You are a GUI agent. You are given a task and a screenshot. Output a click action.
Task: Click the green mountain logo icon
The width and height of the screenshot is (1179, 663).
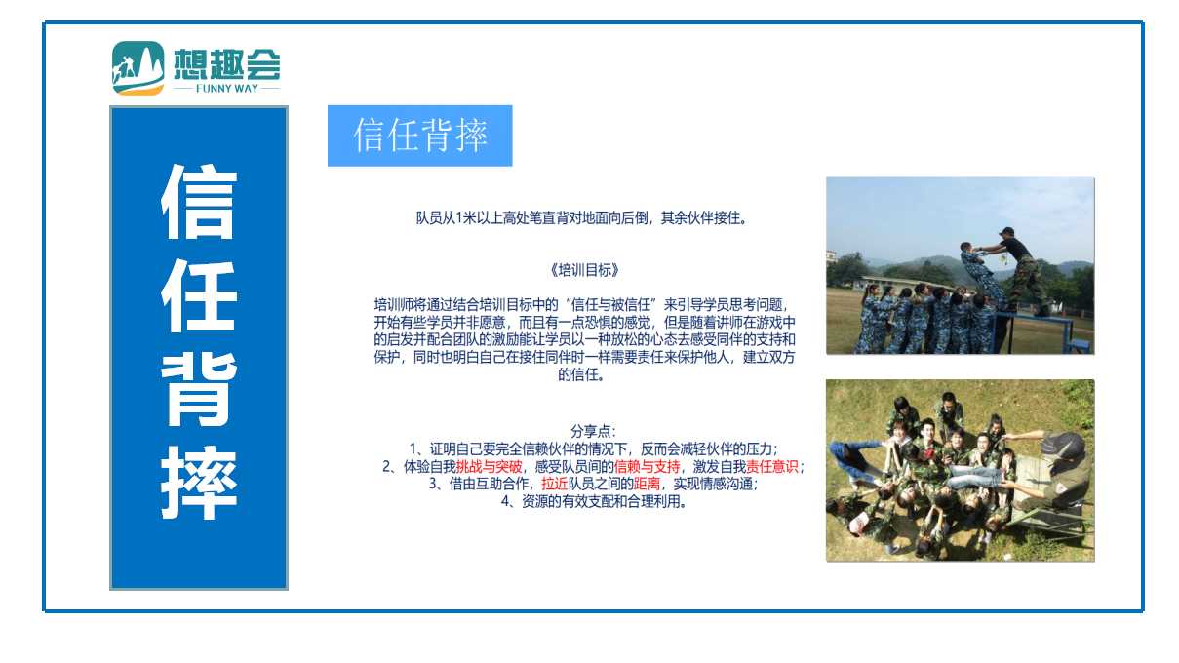[x=138, y=68]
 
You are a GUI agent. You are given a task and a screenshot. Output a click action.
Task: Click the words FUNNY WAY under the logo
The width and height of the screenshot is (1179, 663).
[x=227, y=89]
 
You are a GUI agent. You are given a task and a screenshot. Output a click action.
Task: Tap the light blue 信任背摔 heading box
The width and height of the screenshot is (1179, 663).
[x=419, y=136]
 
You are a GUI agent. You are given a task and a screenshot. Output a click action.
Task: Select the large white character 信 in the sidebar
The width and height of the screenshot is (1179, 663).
[x=199, y=202]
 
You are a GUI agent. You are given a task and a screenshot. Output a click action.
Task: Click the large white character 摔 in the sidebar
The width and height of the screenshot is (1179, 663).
[x=199, y=483]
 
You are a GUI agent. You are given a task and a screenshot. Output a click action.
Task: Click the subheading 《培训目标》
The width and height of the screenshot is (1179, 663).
[x=584, y=270]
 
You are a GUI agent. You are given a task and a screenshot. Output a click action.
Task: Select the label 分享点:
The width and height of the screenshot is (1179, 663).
[x=593, y=432]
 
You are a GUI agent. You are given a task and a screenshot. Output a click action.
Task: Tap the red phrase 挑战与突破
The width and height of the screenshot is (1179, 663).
[x=489, y=467]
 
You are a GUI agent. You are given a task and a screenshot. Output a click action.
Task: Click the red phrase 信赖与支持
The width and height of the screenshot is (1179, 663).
[x=647, y=467]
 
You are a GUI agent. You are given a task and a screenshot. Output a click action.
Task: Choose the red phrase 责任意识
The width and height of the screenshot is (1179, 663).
[x=772, y=467]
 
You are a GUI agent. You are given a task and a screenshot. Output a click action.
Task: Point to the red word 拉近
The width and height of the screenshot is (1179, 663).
[x=554, y=484]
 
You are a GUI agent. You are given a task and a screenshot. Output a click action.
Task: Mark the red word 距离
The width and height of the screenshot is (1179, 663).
[x=647, y=484]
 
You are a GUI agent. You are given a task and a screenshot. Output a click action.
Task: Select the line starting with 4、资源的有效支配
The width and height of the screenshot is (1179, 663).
[x=594, y=501]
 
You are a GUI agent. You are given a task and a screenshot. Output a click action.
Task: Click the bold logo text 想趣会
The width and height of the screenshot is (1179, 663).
[x=227, y=64]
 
